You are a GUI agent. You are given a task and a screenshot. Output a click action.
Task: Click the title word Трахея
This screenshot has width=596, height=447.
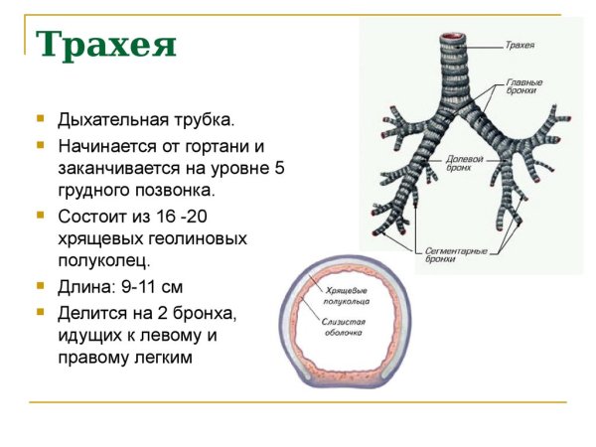click(x=106, y=45)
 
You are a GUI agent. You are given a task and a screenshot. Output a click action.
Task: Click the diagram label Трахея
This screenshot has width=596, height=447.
click(x=520, y=45)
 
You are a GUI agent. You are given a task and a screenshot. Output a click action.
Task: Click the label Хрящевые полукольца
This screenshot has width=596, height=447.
click(x=346, y=293)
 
